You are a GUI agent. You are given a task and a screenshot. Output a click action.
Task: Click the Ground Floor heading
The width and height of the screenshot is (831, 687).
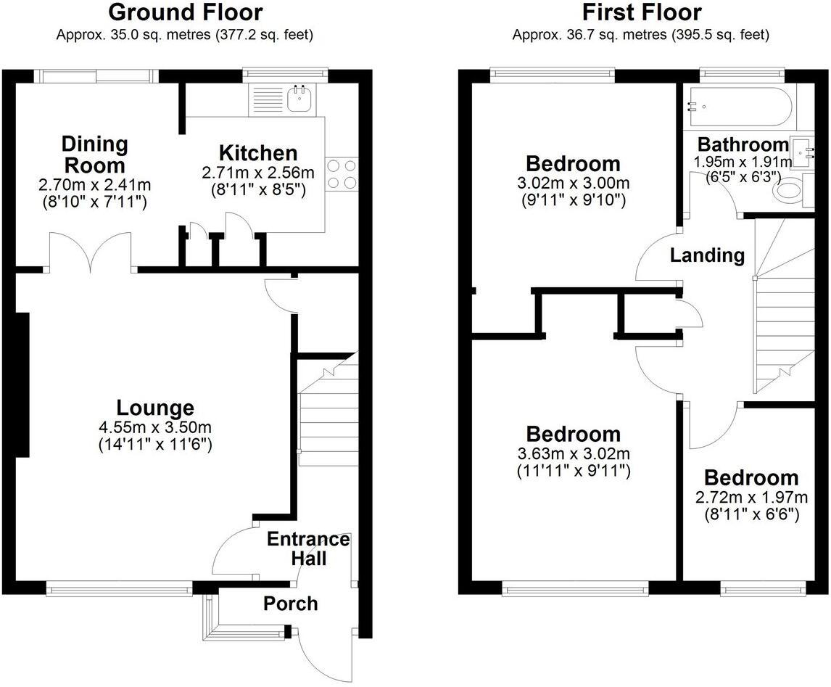[x=185, y=12]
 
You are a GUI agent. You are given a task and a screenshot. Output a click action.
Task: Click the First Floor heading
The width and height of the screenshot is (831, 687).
[x=641, y=12]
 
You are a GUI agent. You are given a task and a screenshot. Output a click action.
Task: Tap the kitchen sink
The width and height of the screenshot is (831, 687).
[x=298, y=99]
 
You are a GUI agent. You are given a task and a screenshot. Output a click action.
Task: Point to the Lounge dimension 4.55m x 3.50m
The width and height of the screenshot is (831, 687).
[x=155, y=427]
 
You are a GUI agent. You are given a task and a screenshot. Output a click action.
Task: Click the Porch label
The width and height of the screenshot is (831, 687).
[x=290, y=604]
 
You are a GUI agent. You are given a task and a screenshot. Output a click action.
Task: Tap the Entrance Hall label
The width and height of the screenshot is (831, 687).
[x=307, y=548]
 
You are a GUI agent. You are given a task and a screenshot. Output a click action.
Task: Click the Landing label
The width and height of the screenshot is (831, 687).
[x=707, y=255]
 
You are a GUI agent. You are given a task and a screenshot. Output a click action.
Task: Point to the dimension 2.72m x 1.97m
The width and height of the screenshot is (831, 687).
[x=751, y=498]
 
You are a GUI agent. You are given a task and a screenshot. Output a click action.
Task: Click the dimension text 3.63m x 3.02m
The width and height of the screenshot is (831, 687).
[x=573, y=454]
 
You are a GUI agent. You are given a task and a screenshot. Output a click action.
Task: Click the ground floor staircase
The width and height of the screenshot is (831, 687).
[x=328, y=414]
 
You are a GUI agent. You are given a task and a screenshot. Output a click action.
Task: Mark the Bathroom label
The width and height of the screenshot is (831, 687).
[x=743, y=144]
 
